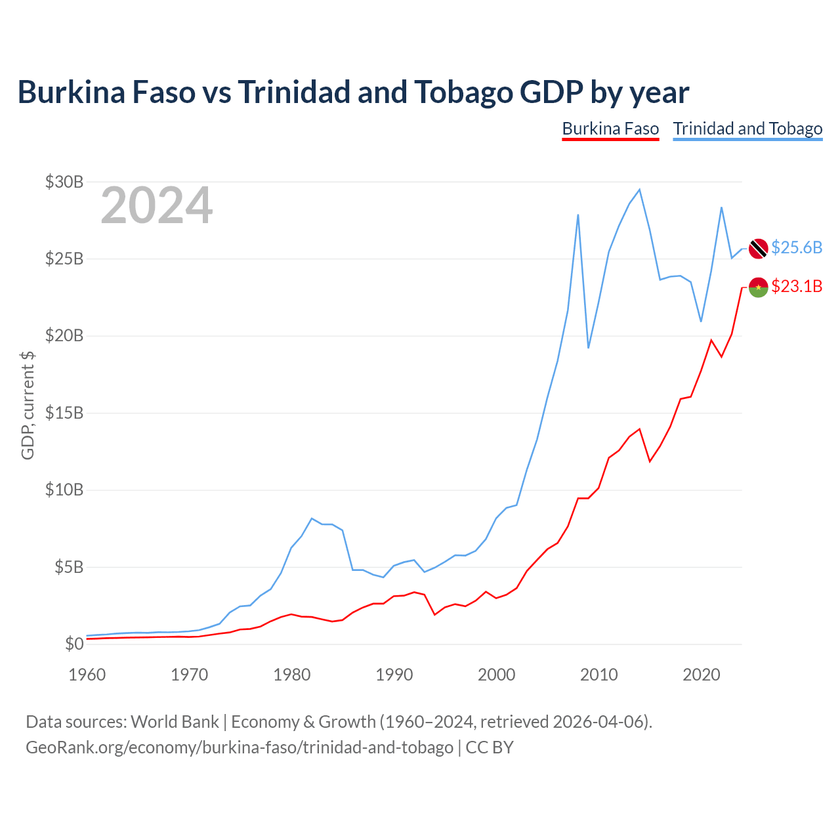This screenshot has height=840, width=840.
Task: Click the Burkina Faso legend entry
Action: tap(610, 129)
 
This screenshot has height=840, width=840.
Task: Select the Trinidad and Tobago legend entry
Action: tap(747, 129)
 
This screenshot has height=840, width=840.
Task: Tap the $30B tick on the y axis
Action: tap(64, 182)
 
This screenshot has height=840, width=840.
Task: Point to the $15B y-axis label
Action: tap(64, 413)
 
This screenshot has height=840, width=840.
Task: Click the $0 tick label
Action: tap(74, 644)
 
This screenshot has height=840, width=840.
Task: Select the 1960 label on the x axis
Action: tap(87, 675)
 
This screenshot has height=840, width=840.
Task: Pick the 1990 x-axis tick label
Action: tap(394, 675)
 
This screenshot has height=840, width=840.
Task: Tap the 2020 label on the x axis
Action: tap(701, 675)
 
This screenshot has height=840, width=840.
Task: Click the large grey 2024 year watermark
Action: tap(157, 205)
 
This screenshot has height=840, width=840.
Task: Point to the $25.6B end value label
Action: tap(797, 247)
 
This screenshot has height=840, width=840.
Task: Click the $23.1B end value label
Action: tap(797, 286)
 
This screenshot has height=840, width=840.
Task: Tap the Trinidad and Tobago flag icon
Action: tap(758, 249)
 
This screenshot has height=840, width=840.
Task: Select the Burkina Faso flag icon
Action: tap(758, 287)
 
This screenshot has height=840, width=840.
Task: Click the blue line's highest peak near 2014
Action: tap(639, 190)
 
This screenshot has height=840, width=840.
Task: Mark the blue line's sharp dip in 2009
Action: tap(589, 347)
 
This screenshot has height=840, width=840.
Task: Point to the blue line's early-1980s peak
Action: tap(312, 518)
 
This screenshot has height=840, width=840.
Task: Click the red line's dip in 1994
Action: tap(434, 615)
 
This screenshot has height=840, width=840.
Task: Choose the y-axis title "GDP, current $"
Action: tap(28, 406)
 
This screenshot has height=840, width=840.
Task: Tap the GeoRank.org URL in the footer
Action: tap(240, 747)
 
